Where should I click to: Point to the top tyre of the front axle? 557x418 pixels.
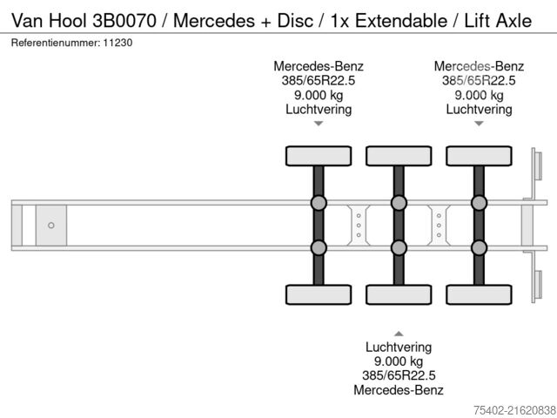click(x=319, y=156)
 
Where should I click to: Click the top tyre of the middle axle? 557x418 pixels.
click(x=398, y=156)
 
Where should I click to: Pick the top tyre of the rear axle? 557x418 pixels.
click(x=478, y=156)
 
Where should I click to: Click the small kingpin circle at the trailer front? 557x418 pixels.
click(x=51, y=226)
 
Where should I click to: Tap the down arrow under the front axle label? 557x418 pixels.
click(x=319, y=124)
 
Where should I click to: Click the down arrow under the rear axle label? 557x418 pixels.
click(x=479, y=124)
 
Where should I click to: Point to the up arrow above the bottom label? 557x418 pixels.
click(x=399, y=333)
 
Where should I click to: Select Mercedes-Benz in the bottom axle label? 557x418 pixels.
click(x=399, y=390)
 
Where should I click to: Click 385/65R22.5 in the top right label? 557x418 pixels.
click(x=479, y=81)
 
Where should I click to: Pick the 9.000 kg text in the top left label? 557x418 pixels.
click(x=319, y=95)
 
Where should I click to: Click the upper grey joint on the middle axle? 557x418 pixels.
click(x=399, y=204)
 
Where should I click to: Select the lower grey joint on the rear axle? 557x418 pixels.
click(x=479, y=248)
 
